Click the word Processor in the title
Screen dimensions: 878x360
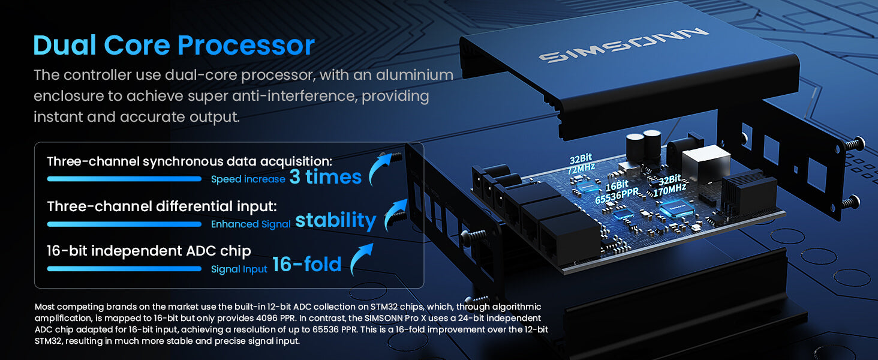(246, 46)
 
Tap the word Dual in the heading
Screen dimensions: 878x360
(65, 45)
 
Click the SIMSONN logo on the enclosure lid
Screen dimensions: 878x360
(623, 45)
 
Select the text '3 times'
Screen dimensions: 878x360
(325, 177)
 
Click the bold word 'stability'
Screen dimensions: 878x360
(335, 220)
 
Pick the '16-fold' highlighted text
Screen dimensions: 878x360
(307, 265)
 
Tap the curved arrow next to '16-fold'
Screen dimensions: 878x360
(360, 259)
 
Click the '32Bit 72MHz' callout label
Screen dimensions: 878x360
(581, 164)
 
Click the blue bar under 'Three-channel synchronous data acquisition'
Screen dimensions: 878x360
(124, 179)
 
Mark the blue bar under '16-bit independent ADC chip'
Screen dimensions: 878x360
(124, 269)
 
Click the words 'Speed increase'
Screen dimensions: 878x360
(248, 179)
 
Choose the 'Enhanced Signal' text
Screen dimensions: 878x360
(251, 224)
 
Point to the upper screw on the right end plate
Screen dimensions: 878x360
(853, 144)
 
